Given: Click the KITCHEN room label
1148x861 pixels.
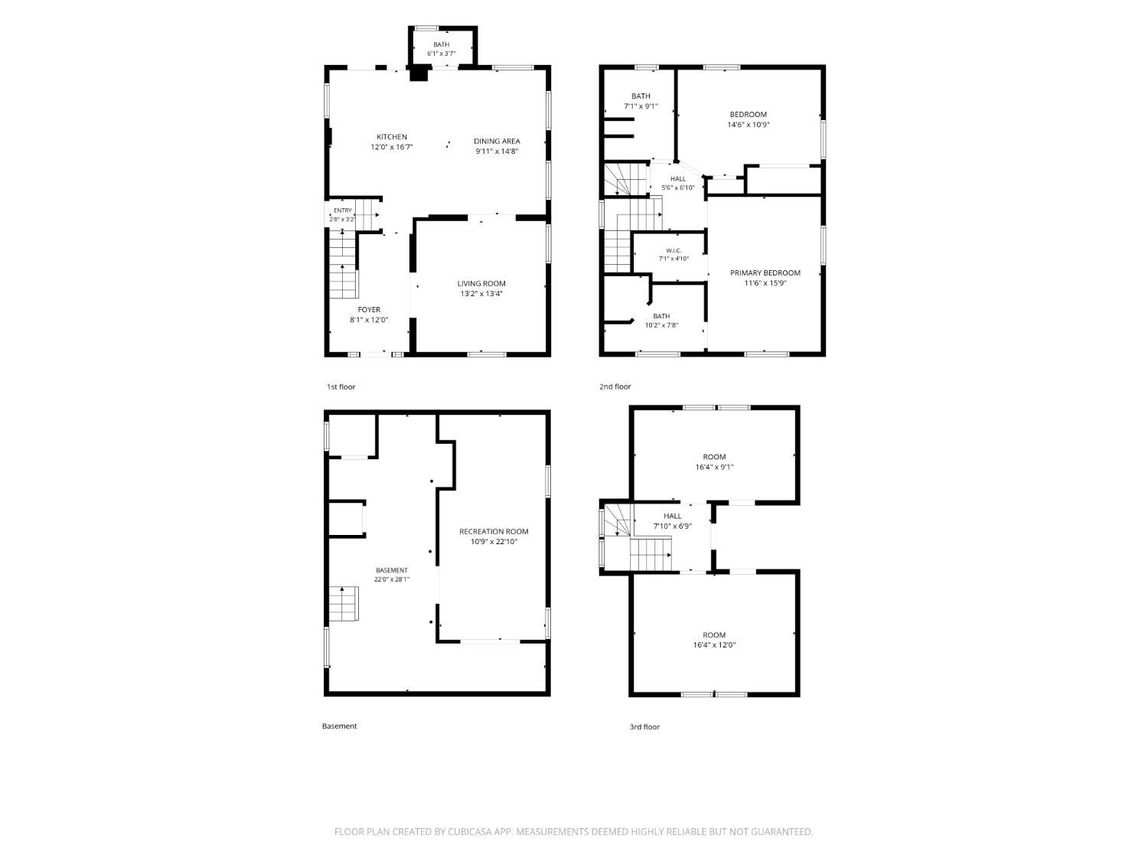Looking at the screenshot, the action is [x=391, y=137].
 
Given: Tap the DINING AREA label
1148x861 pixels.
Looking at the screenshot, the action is [x=497, y=141].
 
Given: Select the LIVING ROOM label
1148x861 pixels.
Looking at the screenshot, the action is [x=481, y=284].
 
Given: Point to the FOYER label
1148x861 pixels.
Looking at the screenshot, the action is [x=369, y=310].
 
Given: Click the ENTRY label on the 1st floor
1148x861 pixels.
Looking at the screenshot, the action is [x=343, y=210].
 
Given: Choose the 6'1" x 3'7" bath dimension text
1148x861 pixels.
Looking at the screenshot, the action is [x=441, y=54].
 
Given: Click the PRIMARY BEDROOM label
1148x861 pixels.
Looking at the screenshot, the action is [x=765, y=273].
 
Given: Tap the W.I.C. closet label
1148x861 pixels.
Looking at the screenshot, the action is [x=673, y=250].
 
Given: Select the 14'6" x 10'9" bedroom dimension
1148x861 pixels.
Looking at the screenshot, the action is [x=748, y=125].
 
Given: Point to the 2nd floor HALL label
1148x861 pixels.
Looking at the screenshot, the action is [x=678, y=179].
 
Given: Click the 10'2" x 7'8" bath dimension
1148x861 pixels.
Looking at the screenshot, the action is [x=661, y=325].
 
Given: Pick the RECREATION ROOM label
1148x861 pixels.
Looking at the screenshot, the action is [x=493, y=532].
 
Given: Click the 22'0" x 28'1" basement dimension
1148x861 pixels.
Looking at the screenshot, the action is [x=391, y=579].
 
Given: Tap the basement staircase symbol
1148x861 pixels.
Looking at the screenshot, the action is [x=343, y=603].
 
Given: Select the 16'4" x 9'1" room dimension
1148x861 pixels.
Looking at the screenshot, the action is [x=714, y=468].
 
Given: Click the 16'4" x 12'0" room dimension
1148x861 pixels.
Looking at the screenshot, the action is [x=714, y=645].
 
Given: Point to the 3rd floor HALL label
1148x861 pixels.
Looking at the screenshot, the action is [x=672, y=516].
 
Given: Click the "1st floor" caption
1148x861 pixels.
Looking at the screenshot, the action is [x=341, y=386].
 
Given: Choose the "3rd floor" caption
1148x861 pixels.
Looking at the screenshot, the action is [x=644, y=726].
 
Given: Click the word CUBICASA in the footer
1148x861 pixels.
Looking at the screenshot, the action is [x=470, y=832].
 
